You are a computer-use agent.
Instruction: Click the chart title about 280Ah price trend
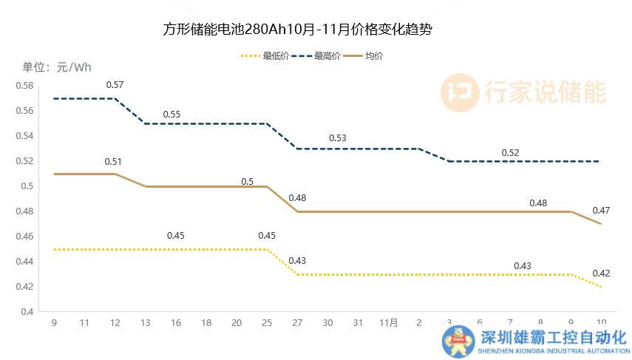[x=297, y=31]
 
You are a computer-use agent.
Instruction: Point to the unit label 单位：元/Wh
[x=57, y=67]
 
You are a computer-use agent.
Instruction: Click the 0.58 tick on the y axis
[x=24, y=86]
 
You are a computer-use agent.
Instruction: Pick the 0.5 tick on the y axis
[x=27, y=186]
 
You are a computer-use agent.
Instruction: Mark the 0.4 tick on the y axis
[x=27, y=311]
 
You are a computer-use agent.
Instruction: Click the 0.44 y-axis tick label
[x=24, y=262]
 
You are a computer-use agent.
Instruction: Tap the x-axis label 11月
[x=389, y=323]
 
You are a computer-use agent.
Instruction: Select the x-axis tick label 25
[x=267, y=323]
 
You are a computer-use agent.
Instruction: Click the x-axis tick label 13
[x=145, y=323]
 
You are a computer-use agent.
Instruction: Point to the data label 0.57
[x=115, y=84]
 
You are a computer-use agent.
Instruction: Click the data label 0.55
[x=171, y=115]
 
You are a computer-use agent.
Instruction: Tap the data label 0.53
[x=338, y=138]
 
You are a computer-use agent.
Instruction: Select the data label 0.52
[x=510, y=153]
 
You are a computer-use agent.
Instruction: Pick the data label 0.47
[x=601, y=211]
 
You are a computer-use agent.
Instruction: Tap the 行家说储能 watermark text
[x=545, y=92]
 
